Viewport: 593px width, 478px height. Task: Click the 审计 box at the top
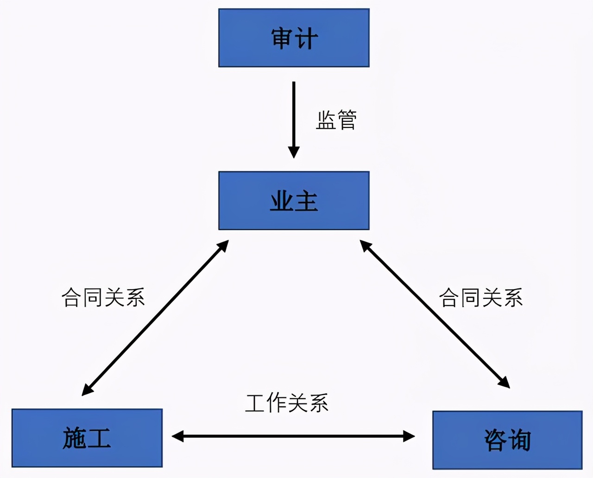(294, 38)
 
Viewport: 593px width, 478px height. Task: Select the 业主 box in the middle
(294, 201)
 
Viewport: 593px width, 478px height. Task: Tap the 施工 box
(87, 438)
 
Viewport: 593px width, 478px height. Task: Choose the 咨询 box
(507, 440)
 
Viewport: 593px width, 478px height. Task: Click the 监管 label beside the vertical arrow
(336, 120)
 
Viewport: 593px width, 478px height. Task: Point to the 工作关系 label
(287, 403)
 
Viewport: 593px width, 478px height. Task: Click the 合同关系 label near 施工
(103, 297)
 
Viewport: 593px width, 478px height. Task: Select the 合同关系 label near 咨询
(481, 297)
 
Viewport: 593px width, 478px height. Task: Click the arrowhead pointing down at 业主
(294, 152)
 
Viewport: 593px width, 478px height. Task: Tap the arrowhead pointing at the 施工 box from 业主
(87, 390)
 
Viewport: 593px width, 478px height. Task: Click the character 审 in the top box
(282, 38)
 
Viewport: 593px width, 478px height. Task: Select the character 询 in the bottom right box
(519, 440)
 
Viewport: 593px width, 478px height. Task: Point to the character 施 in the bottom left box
(75, 438)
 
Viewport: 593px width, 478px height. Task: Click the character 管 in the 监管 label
(347, 120)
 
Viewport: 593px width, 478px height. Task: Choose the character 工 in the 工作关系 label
(256, 403)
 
